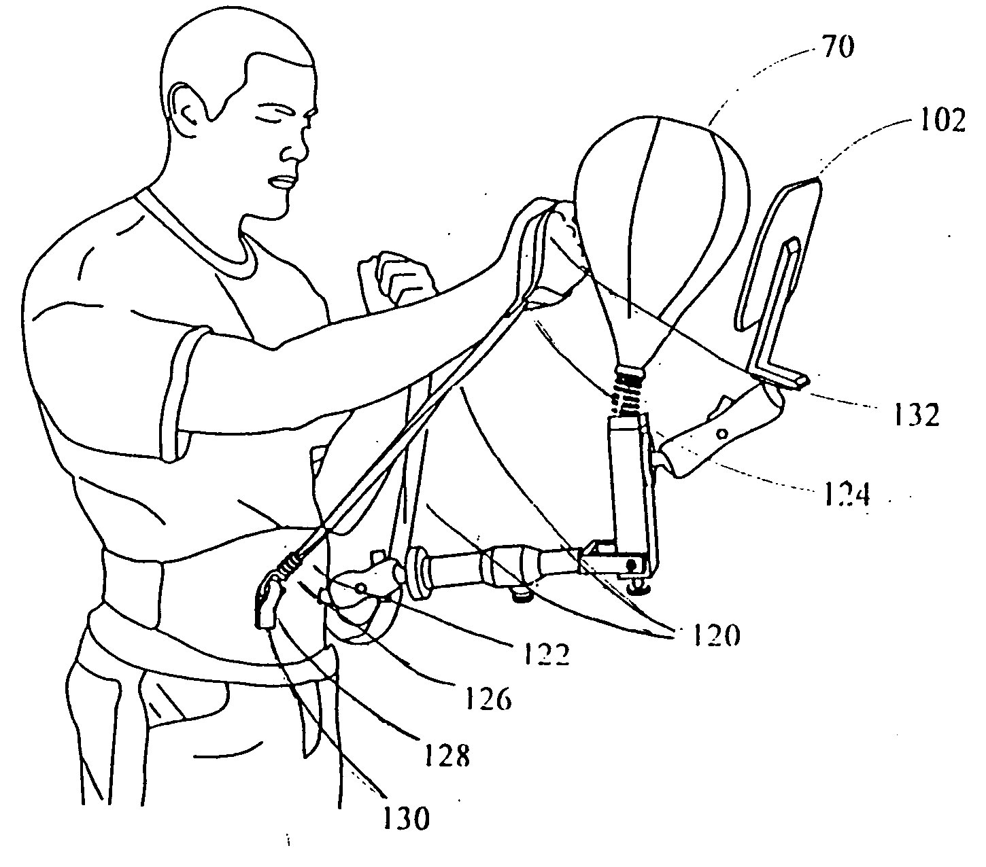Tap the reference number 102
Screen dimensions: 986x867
coord(942,120)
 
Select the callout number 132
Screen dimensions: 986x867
coord(915,415)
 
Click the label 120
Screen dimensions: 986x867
coord(715,635)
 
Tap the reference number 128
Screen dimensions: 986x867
coord(447,756)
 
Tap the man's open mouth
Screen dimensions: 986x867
coord(282,182)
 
